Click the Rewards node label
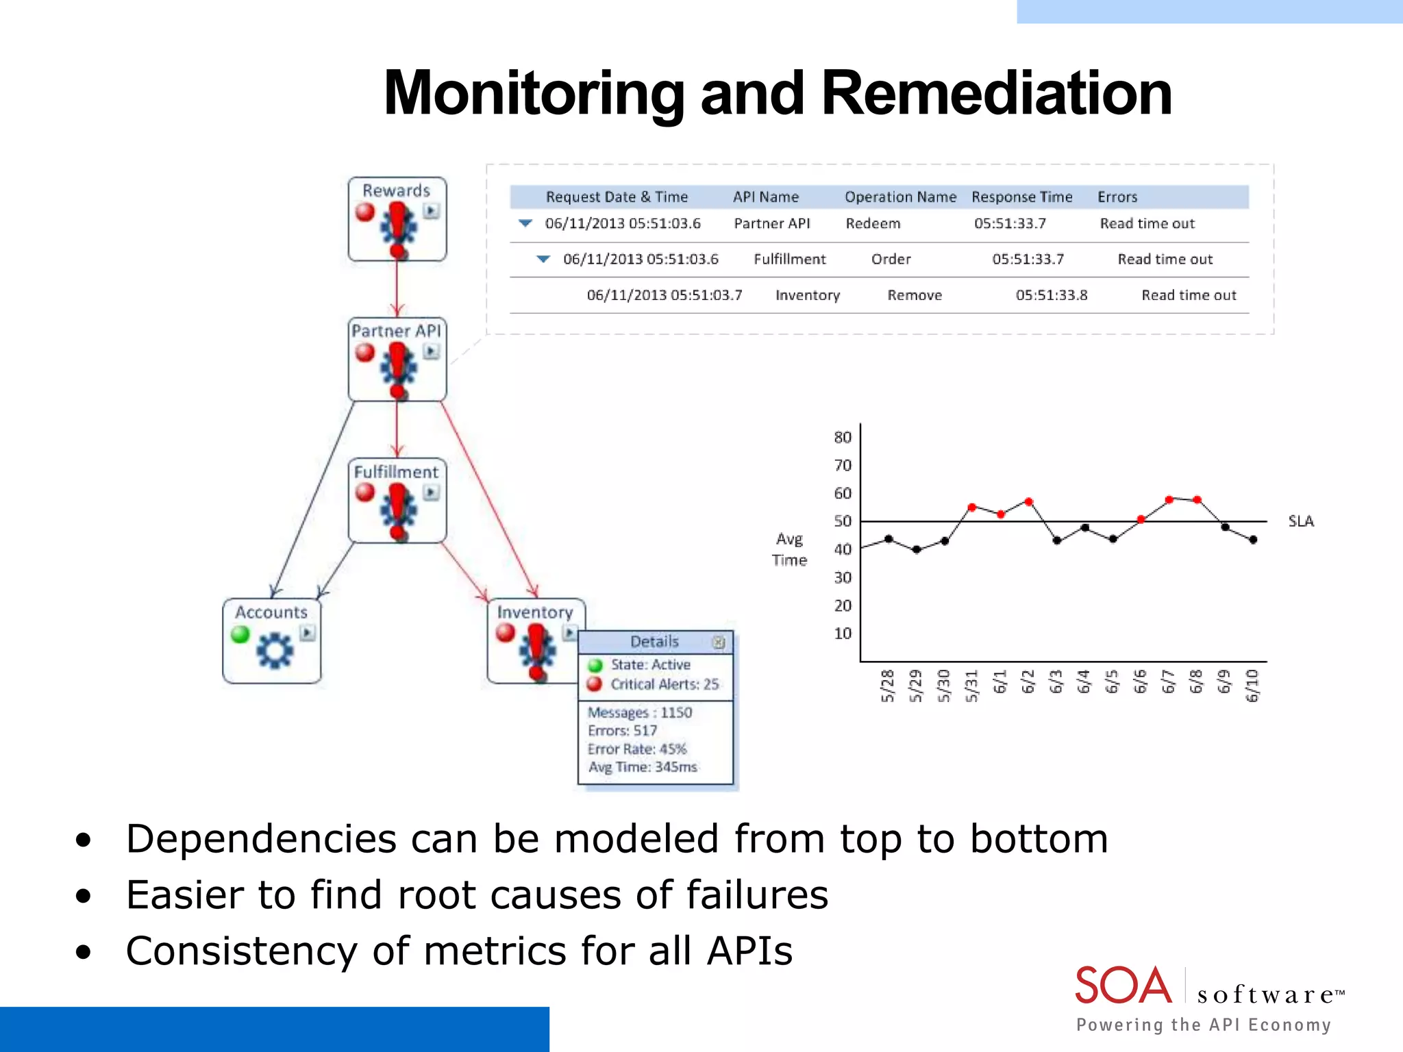click(x=396, y=190)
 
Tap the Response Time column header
click(x=1021, y=197)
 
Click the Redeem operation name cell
click(x=873, y=224)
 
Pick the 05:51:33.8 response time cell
click(x=1051, y=295)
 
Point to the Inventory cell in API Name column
click(x=807, y=295)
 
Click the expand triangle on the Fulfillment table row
click(x=543, y=259)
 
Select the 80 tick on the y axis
click(x=843, y=437)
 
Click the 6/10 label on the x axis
click(x=1252, y=686)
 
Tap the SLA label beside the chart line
click(x=1300, y=521)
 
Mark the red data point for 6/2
click(x=1028, y=502)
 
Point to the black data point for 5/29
click(x=917, y=549)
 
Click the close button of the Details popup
click(x=718, y=642)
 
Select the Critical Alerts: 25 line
click(x=664, y=684)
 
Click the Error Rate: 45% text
click(x=637, y=749)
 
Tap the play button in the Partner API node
click(x=431, y=352)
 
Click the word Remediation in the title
click(x=996, y=94)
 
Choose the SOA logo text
click(x=1123, y=986)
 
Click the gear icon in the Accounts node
click(x=275, y=650)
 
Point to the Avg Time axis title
click(x=789, y=549)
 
